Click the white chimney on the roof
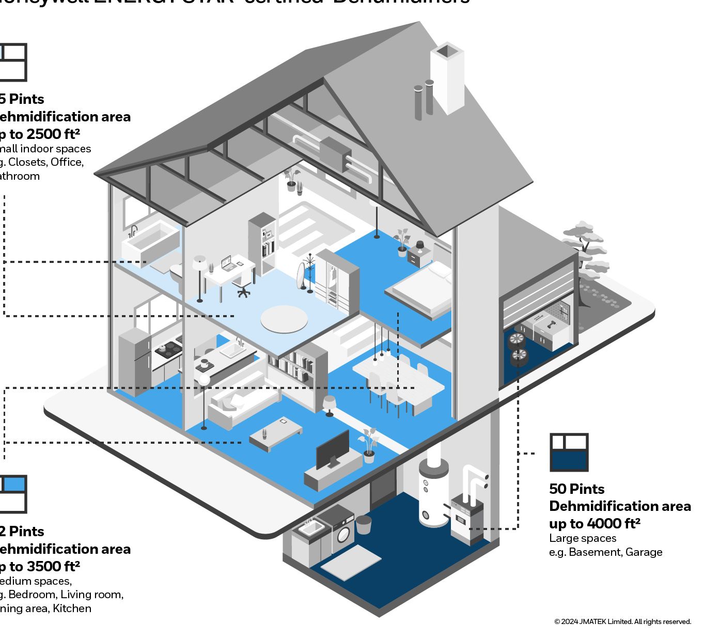[x=447, y=77]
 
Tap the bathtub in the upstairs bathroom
[x=150, y=242]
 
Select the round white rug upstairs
[x=284, y=319]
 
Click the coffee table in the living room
[x=275, y=433]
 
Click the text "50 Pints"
[x=576, y=489]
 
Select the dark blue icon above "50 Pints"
[x=569, y=452]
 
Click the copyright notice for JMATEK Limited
[x=622, y=621]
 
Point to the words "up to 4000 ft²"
[x=595, y=523]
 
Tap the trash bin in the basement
[x=364, y=524]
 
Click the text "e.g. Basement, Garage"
[x=605, y=552]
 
